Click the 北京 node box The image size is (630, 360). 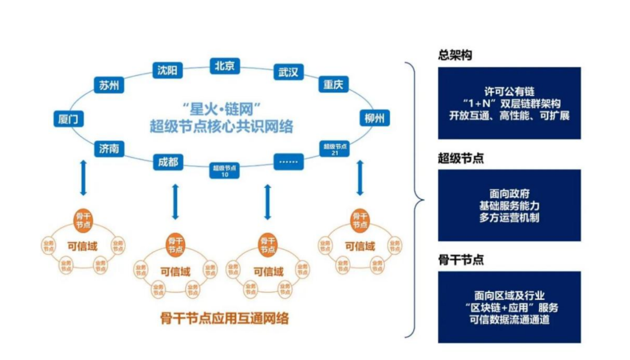pyautogui.click(x=225, y=66)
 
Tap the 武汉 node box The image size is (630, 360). pyautogui.click(x=288, y=72)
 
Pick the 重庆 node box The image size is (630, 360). pyautogui.click(x=333, y=85)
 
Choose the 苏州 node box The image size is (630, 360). pyautogui.click(x=108, y=86)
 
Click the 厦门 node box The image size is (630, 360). pyautogui.click(x=68, y=120)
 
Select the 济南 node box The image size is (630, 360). pyautogui.click(x=108, y=149)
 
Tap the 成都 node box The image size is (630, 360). pyautogui.click(x=168, y=162)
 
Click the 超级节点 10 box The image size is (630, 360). pyautogui.click(x=225, y=170)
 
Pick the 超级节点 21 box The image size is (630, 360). pyautogui.click(x=335, y=148)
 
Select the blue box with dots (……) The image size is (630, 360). pyautogui.click(x=288, y=161)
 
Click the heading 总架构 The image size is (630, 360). pyautogui.click(x=455, y=55)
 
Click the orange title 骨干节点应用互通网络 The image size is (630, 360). pyautogui.click(x=225, y=319)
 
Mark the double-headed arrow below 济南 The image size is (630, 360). pyautogui.click(x=83, y=178)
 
